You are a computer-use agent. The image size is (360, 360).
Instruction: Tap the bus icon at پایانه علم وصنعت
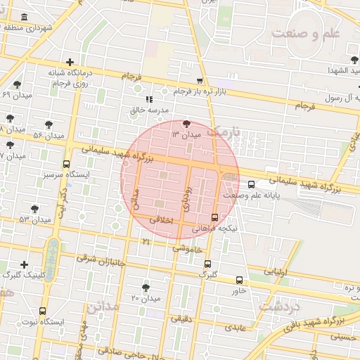252,185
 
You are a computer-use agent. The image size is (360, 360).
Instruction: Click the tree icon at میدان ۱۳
186,124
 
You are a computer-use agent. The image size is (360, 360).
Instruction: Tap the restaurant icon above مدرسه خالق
148,100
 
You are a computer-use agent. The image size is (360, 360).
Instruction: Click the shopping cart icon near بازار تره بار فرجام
200,82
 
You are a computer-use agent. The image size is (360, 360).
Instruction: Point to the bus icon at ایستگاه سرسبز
66,165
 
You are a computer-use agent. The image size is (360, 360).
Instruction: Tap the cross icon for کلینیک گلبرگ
25,264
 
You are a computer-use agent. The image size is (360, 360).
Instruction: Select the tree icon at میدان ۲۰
146,288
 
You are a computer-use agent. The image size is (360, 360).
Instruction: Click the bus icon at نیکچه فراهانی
214,217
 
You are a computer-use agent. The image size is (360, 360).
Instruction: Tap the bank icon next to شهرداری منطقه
25,17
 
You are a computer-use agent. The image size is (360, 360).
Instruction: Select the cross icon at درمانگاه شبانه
69,63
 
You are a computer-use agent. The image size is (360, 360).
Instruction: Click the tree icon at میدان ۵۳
35,209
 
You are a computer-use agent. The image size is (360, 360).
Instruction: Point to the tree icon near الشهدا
353,60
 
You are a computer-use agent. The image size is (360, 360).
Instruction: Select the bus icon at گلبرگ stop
207,264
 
